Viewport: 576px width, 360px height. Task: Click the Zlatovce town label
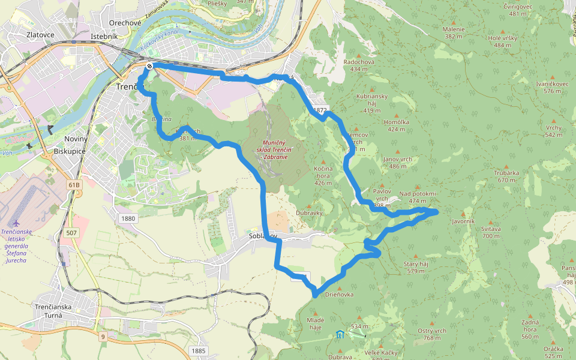click(41, 35)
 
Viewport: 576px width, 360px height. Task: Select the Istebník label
click(104, 37)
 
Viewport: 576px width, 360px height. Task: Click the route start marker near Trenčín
click(149, 66)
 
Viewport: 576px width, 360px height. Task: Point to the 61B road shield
click(73, 185)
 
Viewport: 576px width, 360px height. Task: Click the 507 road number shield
click(71, 232)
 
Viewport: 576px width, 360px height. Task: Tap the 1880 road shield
click(127, 218)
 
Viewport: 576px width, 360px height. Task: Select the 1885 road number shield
click(199, 350)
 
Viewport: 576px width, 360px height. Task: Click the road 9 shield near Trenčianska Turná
click(103, 337)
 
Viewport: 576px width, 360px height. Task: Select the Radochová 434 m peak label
click(359, 65)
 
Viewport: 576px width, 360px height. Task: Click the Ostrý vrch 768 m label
click(432, 334)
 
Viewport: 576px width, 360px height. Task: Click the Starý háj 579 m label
click(415, 267)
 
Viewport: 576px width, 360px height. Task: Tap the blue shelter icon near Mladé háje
click(340, 334)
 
